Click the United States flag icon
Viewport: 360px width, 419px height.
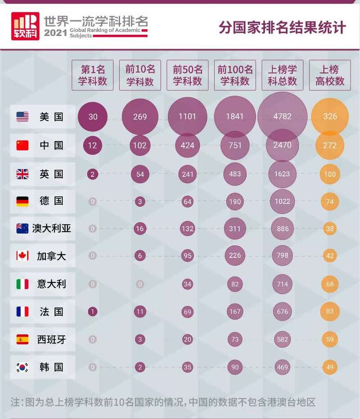(22, 117)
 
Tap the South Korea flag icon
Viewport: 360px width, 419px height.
(22, 367)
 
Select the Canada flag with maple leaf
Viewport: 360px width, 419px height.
(22, 256)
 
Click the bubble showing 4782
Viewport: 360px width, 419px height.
(283, 117)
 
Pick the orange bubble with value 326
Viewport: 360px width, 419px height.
(330, 117)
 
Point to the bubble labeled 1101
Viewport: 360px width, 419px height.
(187, 117)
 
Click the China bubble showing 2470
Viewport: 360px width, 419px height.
(283, 145)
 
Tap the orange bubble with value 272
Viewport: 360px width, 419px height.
(330, 145)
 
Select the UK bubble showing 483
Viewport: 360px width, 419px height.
(235, 174)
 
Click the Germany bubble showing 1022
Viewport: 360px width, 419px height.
(283, 201)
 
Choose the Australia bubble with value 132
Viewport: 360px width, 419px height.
(187, 229)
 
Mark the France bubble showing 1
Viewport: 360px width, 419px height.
(93, 312)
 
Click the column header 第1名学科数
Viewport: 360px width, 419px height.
(93, 75)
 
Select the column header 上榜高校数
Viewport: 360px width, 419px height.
(330, 75)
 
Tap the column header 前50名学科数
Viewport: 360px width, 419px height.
(187, 75)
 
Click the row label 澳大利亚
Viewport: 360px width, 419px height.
(52, 228)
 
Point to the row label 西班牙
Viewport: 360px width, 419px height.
(51, 339)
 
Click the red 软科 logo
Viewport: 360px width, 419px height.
(25, 26)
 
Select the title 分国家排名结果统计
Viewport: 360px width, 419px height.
(282, 27)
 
